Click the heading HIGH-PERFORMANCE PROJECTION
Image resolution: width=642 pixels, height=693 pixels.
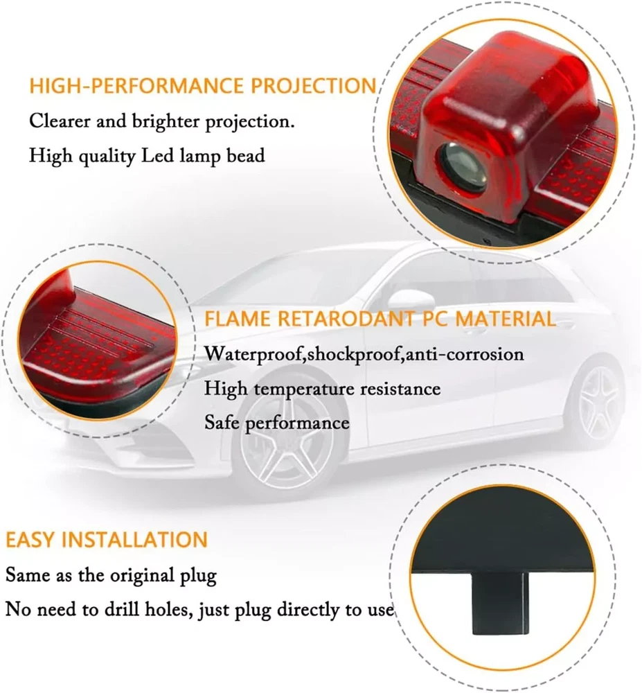coord(203,86)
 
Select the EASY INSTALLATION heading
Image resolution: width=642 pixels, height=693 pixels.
coord(107,540)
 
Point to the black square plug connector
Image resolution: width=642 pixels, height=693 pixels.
coord(500,604)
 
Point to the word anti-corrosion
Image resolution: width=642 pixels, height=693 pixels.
coord(464,354)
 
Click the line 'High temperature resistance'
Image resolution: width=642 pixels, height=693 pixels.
coord(322,389)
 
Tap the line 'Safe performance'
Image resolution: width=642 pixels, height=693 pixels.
coord(277,423)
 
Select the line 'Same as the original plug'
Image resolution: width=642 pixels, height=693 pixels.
coord(112,575)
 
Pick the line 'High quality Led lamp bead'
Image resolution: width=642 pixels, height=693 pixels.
coord(147,156)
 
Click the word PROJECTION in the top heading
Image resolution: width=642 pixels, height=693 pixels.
coord(314,86)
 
